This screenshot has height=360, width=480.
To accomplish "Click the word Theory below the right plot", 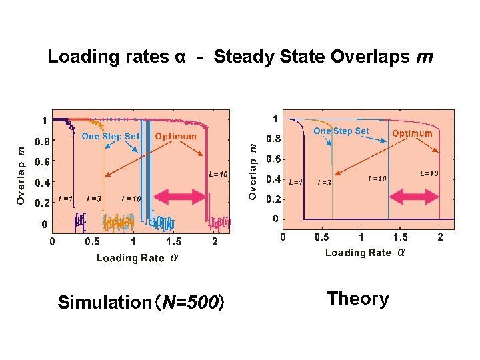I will tap(358, 299).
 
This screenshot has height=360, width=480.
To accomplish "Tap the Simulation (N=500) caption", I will tap(141, 303).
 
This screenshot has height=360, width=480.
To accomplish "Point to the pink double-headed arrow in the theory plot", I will tap(415, 197).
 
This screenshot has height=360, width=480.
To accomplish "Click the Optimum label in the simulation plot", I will tap(175, 137).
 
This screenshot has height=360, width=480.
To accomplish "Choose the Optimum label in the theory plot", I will tap(412, 133).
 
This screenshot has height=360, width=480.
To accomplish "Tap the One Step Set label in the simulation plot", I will tap(111, 137).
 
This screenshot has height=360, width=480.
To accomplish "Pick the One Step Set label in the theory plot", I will tap(341, 131).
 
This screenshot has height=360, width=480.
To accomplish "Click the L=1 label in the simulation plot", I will tap(65, 199).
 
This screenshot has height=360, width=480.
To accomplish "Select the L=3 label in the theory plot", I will tap(325, 183).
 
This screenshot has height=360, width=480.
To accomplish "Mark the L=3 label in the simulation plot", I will tap(94, 199).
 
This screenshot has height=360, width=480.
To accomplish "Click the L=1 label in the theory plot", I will tap(295, 182).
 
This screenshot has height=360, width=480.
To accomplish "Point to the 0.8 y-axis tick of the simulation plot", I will tap(41, 141).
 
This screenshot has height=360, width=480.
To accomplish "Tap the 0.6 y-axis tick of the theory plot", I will tap(273, 159).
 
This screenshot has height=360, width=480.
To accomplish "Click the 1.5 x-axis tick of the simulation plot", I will tap(173, 242).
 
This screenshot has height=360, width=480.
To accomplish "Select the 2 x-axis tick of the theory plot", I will tap(439, 237).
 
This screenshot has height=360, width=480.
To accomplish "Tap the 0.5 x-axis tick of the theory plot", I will tap(321, 237).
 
